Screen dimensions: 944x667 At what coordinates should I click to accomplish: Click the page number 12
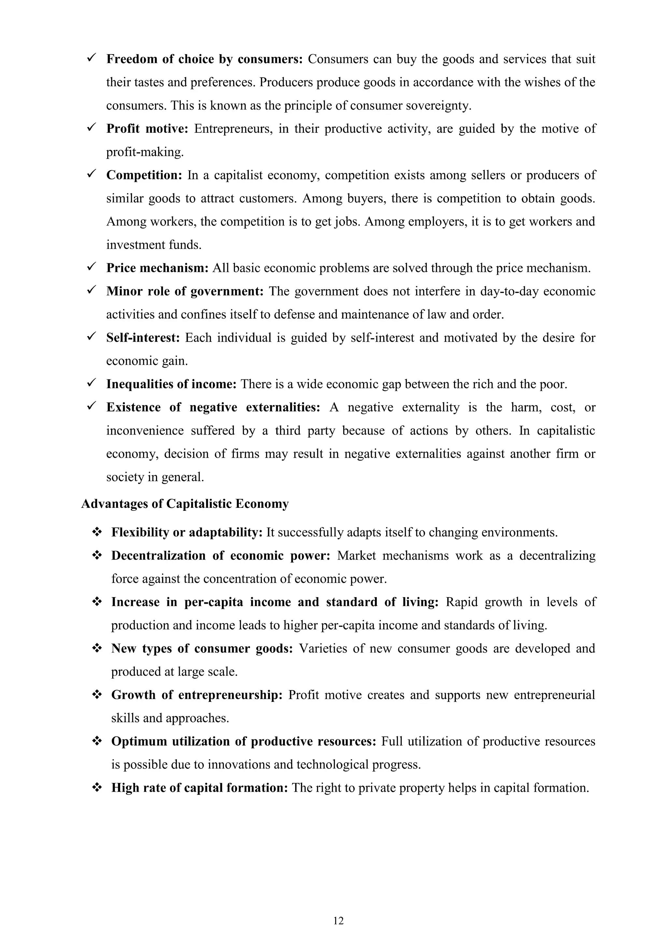point(338,921)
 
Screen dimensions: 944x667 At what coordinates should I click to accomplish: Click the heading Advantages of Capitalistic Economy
point(185,504)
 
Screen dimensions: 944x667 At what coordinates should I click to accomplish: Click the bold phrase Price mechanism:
point(158,268)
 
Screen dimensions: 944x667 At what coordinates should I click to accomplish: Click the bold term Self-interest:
point(143,338)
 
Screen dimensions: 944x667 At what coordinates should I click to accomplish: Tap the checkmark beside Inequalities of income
point(91,383)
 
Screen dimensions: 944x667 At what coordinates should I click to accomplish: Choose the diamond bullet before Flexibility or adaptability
point(97,532)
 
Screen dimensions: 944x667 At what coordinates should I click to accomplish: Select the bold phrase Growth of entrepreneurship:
point(197,695)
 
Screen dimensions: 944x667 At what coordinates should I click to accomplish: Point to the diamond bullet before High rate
point(97,788)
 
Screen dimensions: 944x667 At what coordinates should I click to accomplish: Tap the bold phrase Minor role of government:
point(185,291)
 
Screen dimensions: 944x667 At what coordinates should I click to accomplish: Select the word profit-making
point(145,152)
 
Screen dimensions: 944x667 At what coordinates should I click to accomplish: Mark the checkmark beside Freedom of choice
point(91,58)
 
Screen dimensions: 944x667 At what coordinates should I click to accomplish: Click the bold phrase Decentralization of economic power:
point(220,555)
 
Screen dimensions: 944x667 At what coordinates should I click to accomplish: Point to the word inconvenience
point(145,431)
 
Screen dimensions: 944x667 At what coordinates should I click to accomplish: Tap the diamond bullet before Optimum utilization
point(97,741)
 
